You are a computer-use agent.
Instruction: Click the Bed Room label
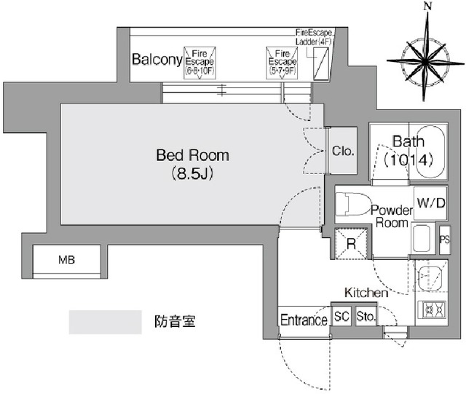coord(192,155)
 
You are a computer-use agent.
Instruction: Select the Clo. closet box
coord(342,151)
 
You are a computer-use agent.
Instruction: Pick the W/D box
coord(430,203)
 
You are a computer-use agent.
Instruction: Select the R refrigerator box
coord(351,244)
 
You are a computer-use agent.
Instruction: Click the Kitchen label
coord(366,292)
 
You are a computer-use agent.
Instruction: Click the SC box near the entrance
coord(341,318)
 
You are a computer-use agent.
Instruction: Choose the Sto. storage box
coord(366,318)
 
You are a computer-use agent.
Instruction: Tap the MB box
coord(68,259)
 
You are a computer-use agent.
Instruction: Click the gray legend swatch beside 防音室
coord(105,321)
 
